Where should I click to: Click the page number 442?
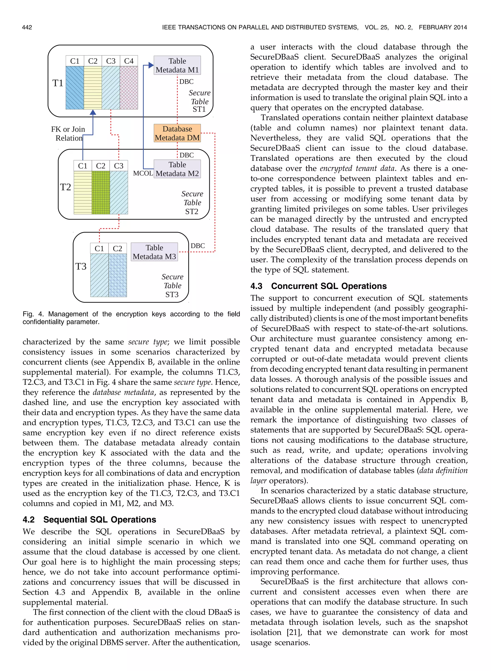[27, 27]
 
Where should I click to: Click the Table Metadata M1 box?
[177, 66]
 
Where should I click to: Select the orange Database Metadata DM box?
[177, 133]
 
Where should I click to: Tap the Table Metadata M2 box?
[177, 169]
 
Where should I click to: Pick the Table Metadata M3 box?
[154, 252]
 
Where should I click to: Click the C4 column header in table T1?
[129, 61]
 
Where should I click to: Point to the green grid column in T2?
[101, 192]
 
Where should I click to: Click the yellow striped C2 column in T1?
[93, 88]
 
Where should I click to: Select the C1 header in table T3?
[99, 248]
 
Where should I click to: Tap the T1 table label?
[58, 83]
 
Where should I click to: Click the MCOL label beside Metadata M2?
[143, 174]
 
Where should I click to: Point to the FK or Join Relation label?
[68, 133]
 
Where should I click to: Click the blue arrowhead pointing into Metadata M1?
[151, 65]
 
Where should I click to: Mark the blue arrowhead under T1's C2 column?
[93, 112]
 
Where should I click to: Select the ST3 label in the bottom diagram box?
[172, 294]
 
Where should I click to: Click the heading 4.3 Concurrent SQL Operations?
[318, 286]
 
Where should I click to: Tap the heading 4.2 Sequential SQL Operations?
[89, 520]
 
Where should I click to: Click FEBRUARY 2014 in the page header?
[443, 27]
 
